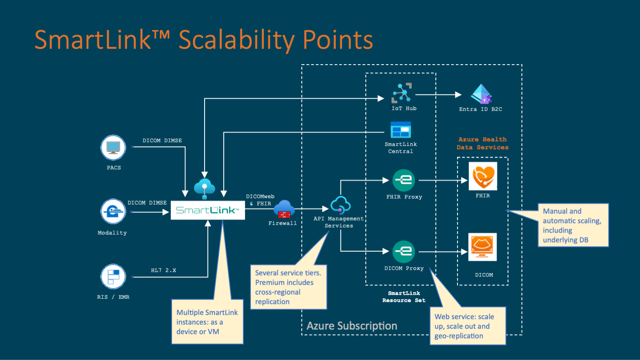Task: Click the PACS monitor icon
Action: pyautogui.click(x=113, y=147)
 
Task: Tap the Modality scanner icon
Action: pyautogui.click(x=113, y=211)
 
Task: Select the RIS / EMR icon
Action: pyautogui.click(x=113, y=277)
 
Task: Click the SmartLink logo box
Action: pyautogui.click(x=207, y=210)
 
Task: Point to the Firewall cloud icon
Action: pyautogui.click(x=284, y=209)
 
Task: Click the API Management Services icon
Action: pyautogui.click(x=340, y=205)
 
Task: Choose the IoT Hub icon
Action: pyautogui.click(x=402, y=93)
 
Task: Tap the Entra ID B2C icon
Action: pyautogui.click(x=482, y=94)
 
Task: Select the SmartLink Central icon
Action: pyautogui.click(x=401, y=130)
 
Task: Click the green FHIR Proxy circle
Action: pyautogui.click(x=404, y=180)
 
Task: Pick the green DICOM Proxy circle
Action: pyautogui.click(x=404, y=251)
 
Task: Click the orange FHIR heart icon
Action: pyautogui.click(x=482, y=176)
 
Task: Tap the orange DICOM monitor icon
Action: pyautogui.click(x=482, y=247)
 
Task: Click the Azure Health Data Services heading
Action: pyautogui.click(x=482, y=143)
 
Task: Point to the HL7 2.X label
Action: pyautogui.click(x=163, y=270)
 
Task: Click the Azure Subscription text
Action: pyautogui.click(x=352, y=326)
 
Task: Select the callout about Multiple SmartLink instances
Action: pyautogui.click(x=207, y=322)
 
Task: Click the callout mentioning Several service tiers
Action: pyautogui.click(x=288, y=287)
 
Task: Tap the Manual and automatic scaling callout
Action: pyautogui.click(x=573, y=225)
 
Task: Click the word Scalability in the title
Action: pyautogui.click(x=237, y=40)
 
